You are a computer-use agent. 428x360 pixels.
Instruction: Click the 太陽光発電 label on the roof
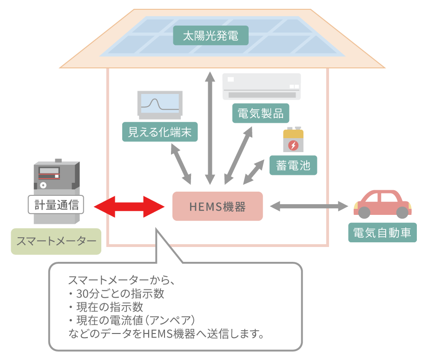click(x=211, y=35)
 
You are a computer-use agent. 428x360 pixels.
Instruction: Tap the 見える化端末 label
click(x=159, y=132)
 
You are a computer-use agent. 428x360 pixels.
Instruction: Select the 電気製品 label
click(x=260, y=113)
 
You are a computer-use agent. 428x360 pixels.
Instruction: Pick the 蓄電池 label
click(x=293, y=165)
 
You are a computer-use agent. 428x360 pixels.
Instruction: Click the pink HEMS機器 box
click(x=217, y=206)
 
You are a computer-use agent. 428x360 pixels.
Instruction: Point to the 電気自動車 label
click(x=382, y=232)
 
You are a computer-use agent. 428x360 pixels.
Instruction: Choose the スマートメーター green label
click(x=56, y=241)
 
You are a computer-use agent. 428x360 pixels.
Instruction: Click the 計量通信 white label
click(x=56, y=204)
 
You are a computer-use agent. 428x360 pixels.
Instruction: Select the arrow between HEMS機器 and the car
click(x=309, y=206)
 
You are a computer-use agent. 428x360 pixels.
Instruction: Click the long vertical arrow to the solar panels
click(x=211, y=127)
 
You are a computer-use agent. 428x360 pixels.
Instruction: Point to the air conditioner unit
click(x=262, y=86)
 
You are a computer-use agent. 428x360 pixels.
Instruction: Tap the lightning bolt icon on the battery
click(x=293, y=145)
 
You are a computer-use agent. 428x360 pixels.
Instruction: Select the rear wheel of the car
click(x=364, y=213)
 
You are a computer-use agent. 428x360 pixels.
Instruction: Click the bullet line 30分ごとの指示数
click(x=118, y=294)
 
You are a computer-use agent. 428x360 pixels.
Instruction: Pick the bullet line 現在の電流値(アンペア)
click(x=132, y=320)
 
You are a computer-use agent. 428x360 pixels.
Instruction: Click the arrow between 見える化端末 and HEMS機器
click(x=181, y=163)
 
